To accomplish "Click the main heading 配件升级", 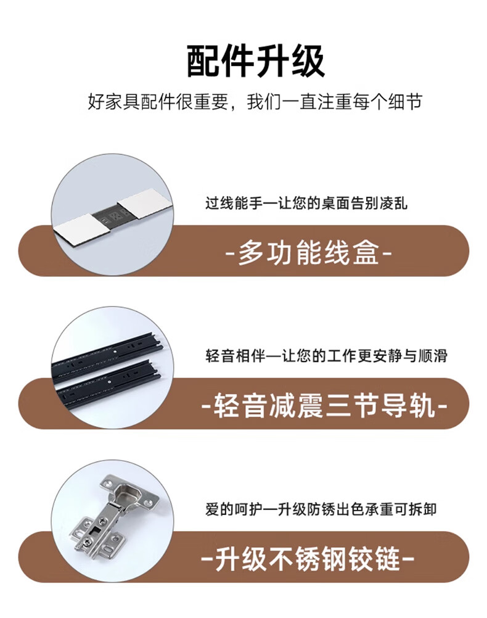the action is [x=256, y=62].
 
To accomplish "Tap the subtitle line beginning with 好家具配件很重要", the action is [x=255, y=102].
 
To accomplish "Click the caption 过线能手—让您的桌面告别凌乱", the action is [x=306, y=204].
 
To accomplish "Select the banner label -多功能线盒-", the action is [x=308, y=252].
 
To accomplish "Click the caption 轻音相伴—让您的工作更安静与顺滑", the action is [x=326, y=356].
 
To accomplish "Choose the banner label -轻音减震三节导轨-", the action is [x=324, y=405].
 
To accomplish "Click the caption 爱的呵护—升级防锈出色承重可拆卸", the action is [x=321, y=509].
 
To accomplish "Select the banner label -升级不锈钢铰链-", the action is [x=308, y=559].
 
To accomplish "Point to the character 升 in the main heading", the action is [x=273, y=62].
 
